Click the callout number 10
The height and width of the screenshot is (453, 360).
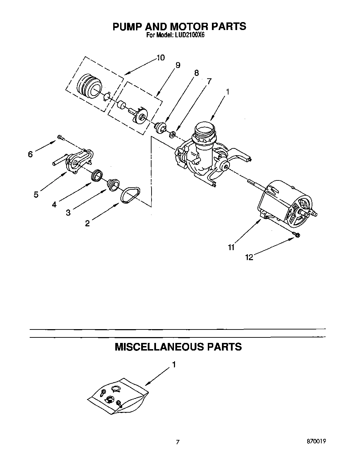pos(160,58)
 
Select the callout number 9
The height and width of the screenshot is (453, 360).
pos(178,65)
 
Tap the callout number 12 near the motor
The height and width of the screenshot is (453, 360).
pos(249,257)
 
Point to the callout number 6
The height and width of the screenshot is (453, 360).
pos(30,155)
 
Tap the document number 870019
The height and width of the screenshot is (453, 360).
pos(315,441)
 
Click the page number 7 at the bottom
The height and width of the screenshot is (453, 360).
pos(178,441)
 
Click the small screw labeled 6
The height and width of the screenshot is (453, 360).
pos(61,137)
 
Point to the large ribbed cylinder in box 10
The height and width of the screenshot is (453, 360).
pos(88,86)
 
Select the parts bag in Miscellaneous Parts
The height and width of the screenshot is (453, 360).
pos(117,396)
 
